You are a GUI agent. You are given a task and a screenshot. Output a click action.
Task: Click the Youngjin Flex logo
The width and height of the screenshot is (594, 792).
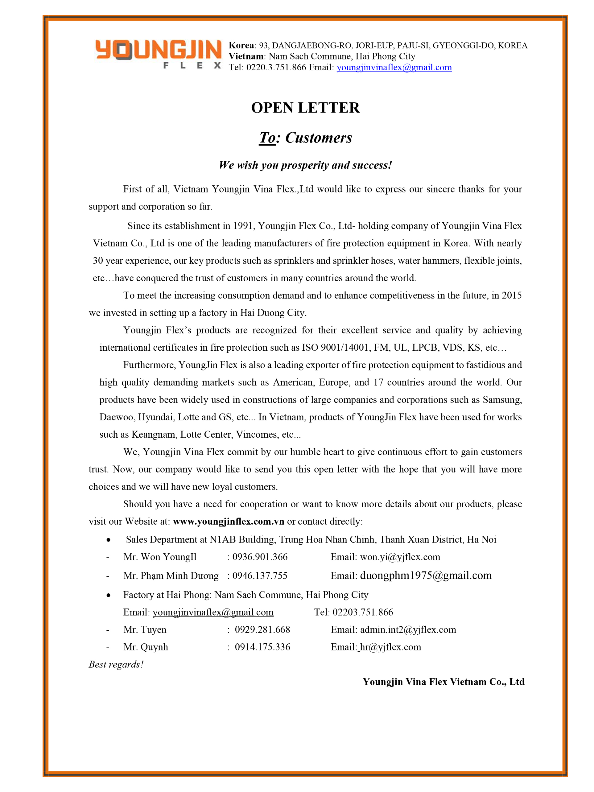[x=158, y=54]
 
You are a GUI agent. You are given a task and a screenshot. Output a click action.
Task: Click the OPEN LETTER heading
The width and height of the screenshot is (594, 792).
[x=305, y=108]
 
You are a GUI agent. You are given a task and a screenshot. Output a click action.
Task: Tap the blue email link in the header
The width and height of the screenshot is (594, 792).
[x=394, y=67]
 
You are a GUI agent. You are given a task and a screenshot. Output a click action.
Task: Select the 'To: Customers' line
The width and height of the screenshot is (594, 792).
[x=305, y=138]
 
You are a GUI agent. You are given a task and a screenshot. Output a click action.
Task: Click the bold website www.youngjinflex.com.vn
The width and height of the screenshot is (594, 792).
[x=229, y=521]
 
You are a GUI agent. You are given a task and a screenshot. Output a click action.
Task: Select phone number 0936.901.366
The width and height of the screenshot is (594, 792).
[x=260, y=557]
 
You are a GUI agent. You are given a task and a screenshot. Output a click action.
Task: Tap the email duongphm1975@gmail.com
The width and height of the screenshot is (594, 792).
[x=426, y=575]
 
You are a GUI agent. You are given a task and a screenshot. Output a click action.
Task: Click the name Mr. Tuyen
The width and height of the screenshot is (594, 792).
[x=145, y=629]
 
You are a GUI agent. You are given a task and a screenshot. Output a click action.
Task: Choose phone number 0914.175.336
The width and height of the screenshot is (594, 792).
[x=262, y=647]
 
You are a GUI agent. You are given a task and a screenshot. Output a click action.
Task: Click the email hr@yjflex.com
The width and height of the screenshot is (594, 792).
[x=390, y=647]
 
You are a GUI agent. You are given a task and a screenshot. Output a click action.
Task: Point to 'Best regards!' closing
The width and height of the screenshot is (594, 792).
[x=116, y=665]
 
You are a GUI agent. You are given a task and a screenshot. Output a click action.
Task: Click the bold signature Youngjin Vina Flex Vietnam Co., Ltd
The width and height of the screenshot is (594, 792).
[x=443, y=682]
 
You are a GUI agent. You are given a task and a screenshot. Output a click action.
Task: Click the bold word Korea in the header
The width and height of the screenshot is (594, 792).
[x=241, y=45]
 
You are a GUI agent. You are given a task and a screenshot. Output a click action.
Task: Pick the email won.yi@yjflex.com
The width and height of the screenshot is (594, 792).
[x=400, y=557]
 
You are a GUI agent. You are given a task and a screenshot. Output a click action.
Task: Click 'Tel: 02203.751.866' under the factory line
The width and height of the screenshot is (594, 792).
[x=353, y=612]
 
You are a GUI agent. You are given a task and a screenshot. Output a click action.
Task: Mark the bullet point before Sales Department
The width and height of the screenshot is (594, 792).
[x=108, y=540]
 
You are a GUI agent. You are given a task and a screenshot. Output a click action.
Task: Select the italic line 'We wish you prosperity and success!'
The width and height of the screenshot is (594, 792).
[x=305, y=165]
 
